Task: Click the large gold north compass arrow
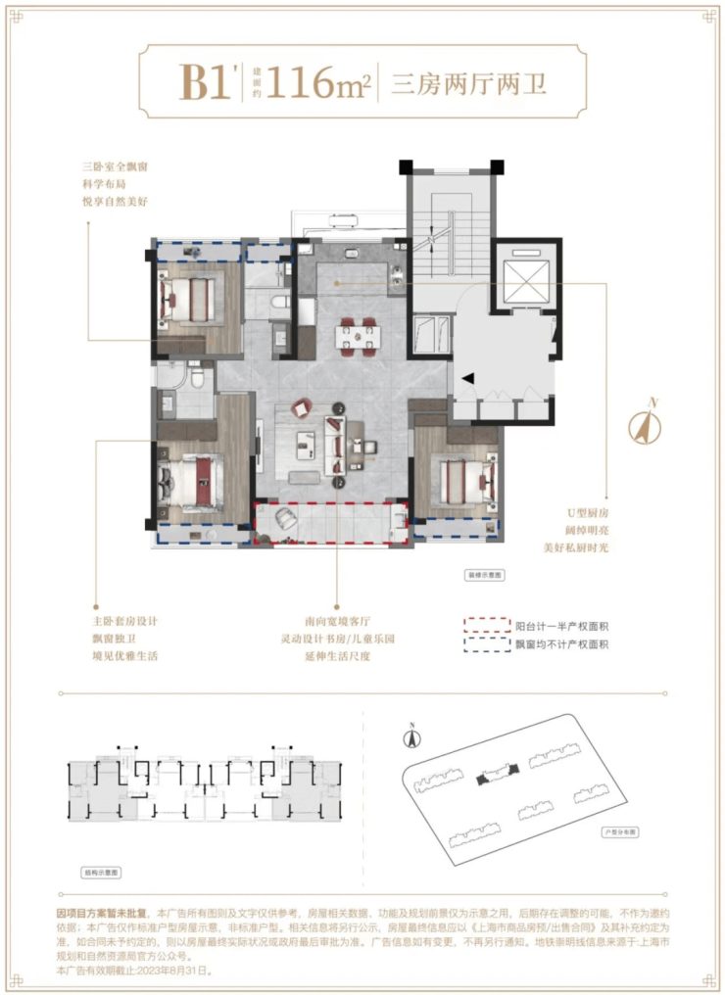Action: [x=645, y=426]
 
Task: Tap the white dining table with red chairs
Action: [x=358, y=336]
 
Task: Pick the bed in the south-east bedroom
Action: [x=464, y=481]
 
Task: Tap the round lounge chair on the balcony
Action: [x=285, y=519]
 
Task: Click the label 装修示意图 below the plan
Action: [x=484, y=576]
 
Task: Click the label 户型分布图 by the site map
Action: [x=619, y=831]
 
